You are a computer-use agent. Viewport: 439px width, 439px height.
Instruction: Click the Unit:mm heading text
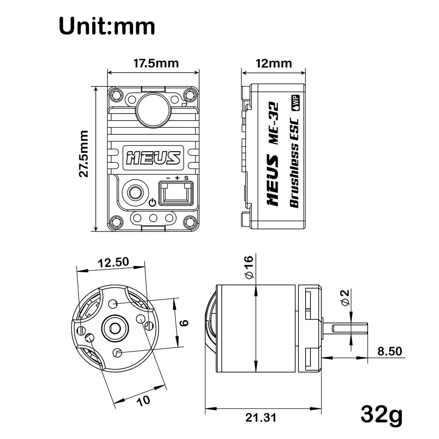(107, 26)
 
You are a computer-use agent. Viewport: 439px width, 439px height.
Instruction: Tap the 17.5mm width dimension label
(156, 63)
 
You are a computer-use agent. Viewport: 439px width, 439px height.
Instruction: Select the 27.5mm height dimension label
(84, 154)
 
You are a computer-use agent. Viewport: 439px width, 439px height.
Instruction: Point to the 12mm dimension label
(274, 63)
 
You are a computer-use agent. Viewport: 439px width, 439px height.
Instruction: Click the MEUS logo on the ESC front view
(153, 158)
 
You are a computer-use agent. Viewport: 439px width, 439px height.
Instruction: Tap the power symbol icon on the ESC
(152, 202)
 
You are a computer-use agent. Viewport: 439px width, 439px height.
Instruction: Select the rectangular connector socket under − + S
(176, 193)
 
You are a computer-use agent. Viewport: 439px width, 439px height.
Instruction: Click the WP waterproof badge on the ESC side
(295, 103)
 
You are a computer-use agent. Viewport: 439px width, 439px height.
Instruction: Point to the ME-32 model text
(273, 123)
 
